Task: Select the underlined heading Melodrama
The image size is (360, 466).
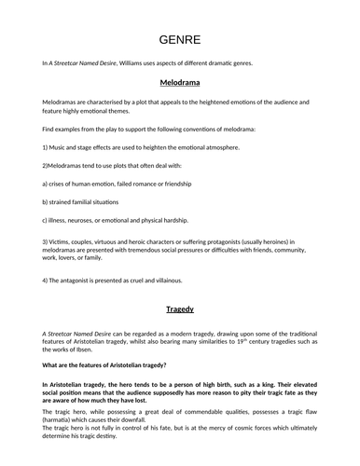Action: (179, 82)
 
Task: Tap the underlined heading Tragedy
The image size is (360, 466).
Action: (179, 308)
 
